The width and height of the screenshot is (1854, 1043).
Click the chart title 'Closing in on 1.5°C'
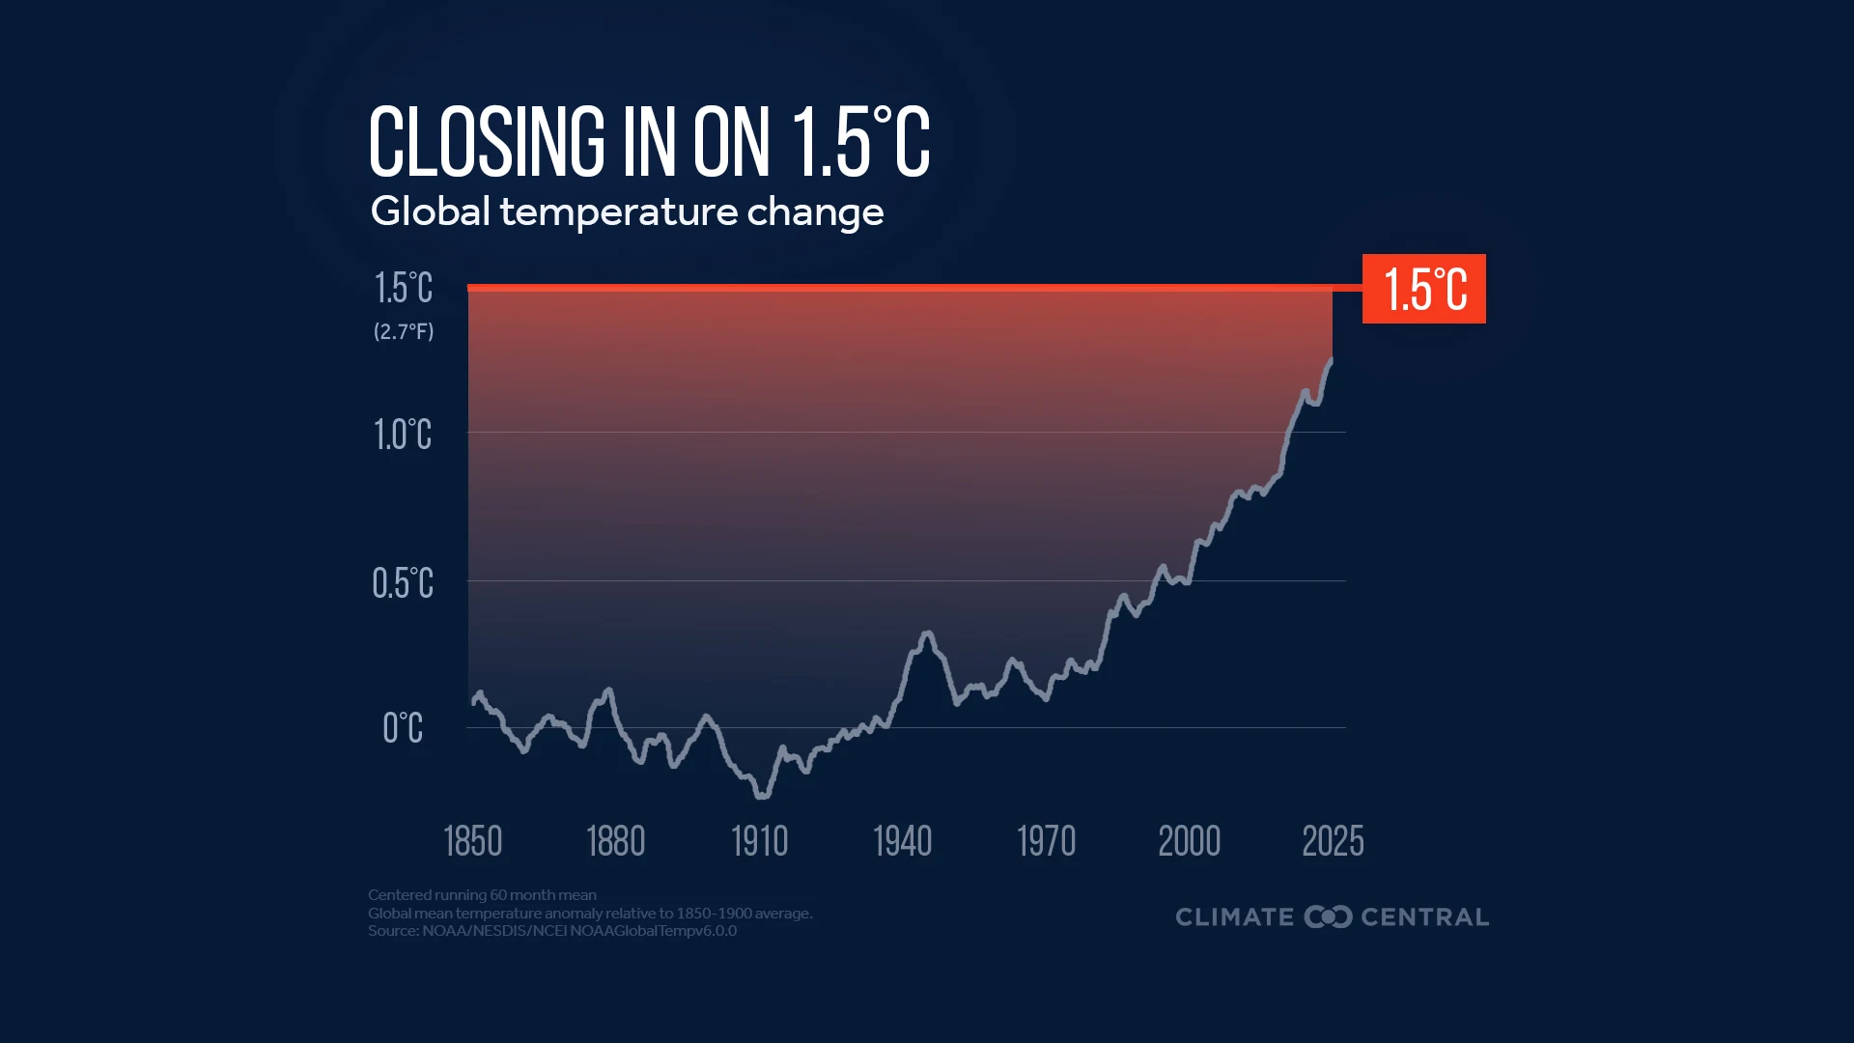tap(649, 143)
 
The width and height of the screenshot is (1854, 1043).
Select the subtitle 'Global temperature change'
tap(627, 211)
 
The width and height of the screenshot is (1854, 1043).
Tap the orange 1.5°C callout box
tap(1423, 289)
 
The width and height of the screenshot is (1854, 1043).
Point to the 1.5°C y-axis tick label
tap(404, 288)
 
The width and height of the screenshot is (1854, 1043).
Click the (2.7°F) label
tap(404, 331)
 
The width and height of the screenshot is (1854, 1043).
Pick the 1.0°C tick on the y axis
tap(403, 435)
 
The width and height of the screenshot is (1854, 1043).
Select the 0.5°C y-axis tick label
tap(403, 583)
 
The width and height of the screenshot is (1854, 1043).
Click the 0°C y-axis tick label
tap(403, 728)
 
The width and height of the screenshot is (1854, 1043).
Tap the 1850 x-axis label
tap(472, 841)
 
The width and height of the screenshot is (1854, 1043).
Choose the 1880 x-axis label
tap(615, 841)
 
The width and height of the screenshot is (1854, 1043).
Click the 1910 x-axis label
tap(759, 841)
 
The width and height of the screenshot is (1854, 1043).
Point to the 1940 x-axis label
tap(902, 841)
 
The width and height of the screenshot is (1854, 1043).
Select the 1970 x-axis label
tap(1046, 841)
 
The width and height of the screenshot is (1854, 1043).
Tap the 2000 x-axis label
tap(1189, 841)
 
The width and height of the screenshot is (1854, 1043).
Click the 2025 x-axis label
tap(1333, 841)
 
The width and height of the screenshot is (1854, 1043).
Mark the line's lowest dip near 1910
tap(762, 796)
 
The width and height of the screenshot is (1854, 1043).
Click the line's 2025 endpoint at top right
tap(1332, 360)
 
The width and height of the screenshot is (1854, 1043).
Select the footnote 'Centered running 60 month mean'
tap(482, 895)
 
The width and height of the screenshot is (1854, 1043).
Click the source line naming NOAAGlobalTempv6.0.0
tap(551, 931)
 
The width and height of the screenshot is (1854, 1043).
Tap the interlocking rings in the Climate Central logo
tap(1328, 916)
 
